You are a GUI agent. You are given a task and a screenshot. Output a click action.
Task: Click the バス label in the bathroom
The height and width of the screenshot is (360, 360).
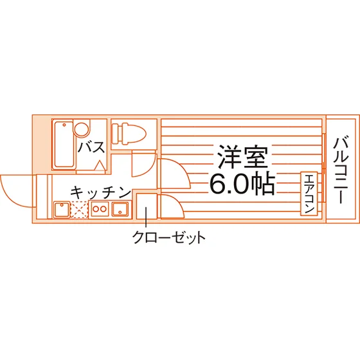91,147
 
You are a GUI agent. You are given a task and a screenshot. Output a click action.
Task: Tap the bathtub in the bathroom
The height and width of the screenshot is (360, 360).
64,145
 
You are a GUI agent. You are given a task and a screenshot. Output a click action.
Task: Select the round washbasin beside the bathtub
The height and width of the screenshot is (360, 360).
81,129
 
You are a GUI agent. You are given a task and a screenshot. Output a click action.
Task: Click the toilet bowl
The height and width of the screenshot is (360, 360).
129,134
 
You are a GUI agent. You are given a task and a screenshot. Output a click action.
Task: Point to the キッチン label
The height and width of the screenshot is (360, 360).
100,193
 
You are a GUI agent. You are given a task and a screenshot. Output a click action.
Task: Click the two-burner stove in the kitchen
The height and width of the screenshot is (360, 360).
100,209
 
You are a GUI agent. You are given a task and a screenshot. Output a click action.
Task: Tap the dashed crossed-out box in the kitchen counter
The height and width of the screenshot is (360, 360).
79,210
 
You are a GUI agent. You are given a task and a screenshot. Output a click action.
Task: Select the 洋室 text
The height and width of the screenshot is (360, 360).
243,156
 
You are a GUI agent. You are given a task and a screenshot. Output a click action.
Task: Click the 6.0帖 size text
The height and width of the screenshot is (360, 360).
242,184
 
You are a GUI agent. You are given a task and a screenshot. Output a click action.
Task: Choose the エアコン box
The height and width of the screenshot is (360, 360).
309,194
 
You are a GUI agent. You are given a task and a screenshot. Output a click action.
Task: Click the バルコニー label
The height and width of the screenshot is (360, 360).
341,170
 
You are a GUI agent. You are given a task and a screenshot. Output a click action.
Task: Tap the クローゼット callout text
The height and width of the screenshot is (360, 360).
168,237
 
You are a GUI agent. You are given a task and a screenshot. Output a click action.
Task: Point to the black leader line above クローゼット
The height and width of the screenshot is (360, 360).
146,218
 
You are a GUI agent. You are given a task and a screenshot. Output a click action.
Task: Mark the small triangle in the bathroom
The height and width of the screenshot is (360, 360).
100,165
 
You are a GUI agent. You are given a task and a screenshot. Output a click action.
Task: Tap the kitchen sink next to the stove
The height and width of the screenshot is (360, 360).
120,209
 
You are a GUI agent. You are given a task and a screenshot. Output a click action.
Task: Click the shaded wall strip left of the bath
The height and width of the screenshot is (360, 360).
42,144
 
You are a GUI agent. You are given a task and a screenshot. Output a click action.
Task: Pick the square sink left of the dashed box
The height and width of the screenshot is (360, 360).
62,210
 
